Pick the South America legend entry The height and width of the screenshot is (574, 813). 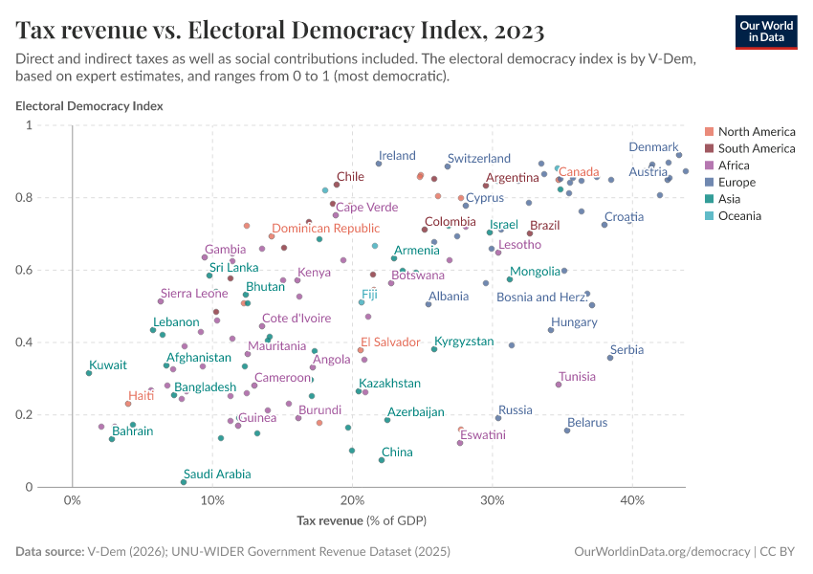[x=756, y=148]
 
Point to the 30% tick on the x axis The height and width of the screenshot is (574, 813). [x=492, y=500]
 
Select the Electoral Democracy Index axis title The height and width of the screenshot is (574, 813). [x=89, y=106]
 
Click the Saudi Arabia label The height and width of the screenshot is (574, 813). [x=217, y=474]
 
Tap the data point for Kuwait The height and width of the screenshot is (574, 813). [x=88, y=373]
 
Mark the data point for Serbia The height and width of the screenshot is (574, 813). [x=610, y=358]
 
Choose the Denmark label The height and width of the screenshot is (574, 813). [x=652, y=147]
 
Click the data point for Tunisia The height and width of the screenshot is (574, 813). [x=559, y=385]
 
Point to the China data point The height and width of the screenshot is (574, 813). [x=382, y=460]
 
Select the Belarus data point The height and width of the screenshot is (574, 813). [x=567, y=430]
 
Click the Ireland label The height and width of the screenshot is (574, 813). [x=397, y=156]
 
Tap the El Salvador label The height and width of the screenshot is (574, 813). [x=390, y=342]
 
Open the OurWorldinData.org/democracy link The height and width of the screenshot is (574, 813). [x=661, y=552]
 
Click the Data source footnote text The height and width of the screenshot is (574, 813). [x=233, y=552]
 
